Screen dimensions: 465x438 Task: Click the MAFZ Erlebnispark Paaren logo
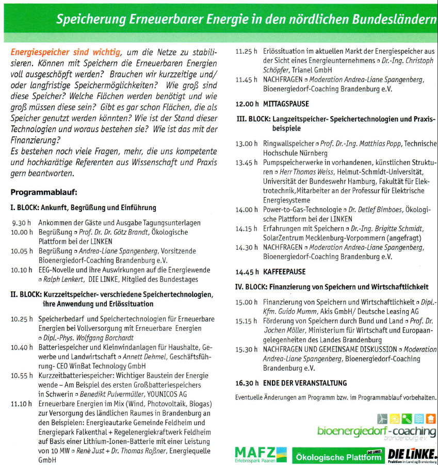point(260,454)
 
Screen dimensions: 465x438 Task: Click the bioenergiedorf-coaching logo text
point(376,430)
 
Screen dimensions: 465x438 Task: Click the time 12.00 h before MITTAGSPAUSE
point(247,104)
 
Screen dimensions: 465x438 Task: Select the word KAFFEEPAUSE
point(284,271)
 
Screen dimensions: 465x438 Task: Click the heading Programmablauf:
point(43,193)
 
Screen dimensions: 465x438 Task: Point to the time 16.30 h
point(247,383)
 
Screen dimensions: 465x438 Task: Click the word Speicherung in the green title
point(87,20)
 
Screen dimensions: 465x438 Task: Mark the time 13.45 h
point(247,163)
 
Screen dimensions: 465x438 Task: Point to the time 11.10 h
point(22,404)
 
